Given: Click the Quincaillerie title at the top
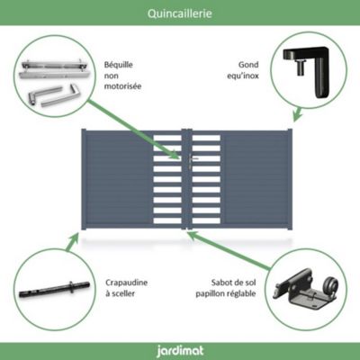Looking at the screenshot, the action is (180, 13).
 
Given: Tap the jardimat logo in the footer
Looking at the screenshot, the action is (180, 351).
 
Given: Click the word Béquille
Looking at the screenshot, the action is (119, 65).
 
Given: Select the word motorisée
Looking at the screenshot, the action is (122, 86).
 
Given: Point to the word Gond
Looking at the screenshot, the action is (248, 65).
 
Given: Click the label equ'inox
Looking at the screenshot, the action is (243, 76).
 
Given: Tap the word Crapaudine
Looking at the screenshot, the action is (126, 283).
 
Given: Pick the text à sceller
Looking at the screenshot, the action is (120, 293).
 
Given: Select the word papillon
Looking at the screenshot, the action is (209, 293).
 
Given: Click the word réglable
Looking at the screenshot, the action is (240, 293).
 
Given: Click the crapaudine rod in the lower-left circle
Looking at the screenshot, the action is (54, 290).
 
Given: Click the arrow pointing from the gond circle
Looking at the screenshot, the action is (297, 114).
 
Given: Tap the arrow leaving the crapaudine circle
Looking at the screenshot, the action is (72, 242).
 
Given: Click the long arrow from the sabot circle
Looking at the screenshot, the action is (229, 249).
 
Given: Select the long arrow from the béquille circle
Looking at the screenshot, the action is (134, 130).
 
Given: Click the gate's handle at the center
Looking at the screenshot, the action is (192, 159).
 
